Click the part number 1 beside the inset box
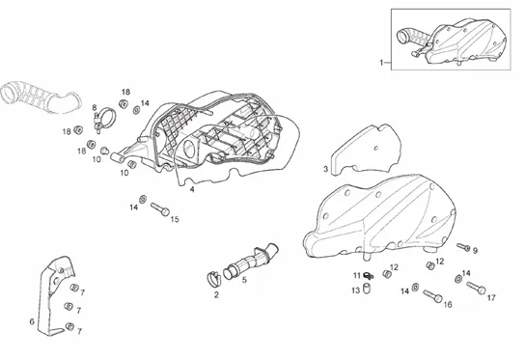pyautogui.click(x=381, y=63)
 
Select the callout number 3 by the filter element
pyautogui.click(x=325, y=169)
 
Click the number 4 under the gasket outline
pyautogui.click(x=192, y=189)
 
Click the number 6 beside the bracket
pyautogui.click(x=32, y=321)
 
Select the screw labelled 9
pyautogui.click(x=463, y=247)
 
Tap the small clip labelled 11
pyautogui.click(x=368, y=276)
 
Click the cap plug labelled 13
pyautogui.click(x=367, y=289)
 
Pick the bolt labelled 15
pyautogui.click(x=159, y=209)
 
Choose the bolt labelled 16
pyautogui.click(x=432, y=296)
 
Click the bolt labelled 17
pyautogui.click(x=476, y=288)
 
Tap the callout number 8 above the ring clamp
pyautogui.click(x=95, y=108)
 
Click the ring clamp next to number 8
pyautogui.click(x=105, y=118)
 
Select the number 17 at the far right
pyautogui.click(x=491, y=297)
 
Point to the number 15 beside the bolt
pyautogui.click(x=175, y=219)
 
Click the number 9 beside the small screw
pyautogui.click(x=475, y=251)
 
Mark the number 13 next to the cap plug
pyautogui.click(x=355, y=291)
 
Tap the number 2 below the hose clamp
pyautogui.click(x=216, y=295)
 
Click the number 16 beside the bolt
pyautogui.click(x=448, y=304)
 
